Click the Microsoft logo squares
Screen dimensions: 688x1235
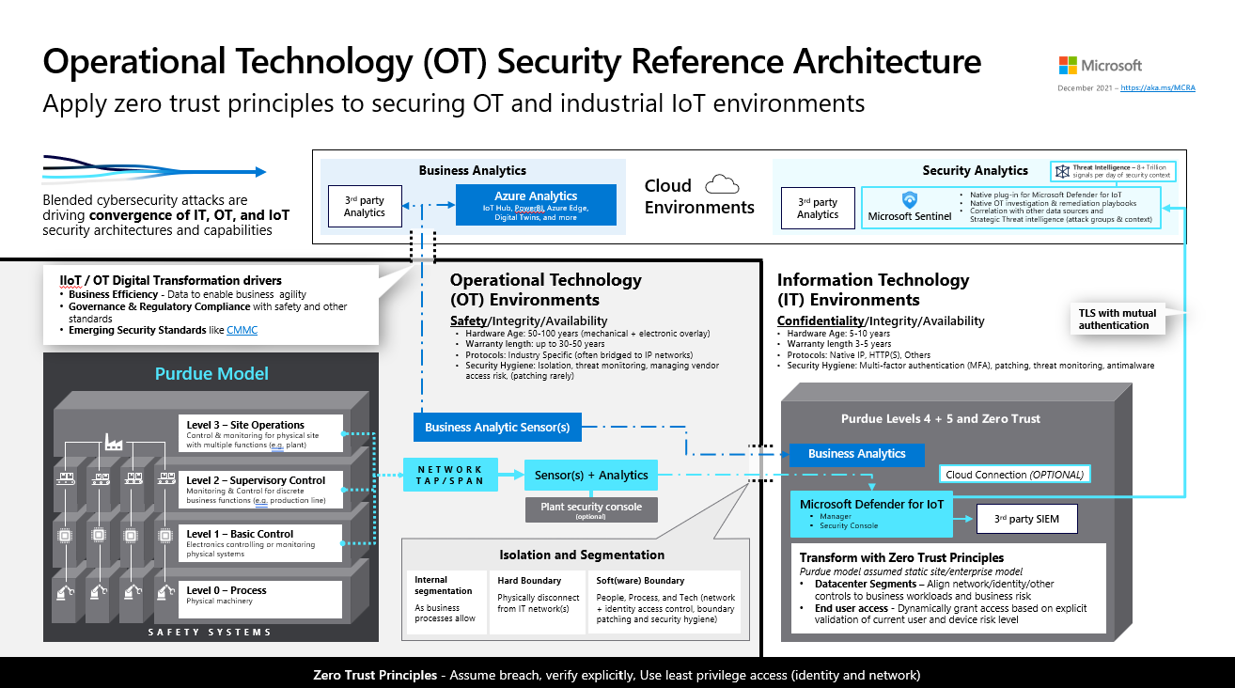[1068, 65]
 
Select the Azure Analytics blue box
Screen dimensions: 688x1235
[536, 204]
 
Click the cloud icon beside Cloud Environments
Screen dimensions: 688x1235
[722, 183]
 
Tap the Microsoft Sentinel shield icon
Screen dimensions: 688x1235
[909, 200]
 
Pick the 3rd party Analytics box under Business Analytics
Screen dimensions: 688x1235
[364, 207]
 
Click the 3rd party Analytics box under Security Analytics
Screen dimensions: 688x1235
[817, 208]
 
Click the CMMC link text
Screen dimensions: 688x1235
[242, 331]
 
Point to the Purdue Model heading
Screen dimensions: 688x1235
[211, 373]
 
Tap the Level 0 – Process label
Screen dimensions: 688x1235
[226, 590]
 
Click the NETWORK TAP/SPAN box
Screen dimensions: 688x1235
[450, 475]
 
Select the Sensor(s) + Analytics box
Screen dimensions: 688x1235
[591, 475]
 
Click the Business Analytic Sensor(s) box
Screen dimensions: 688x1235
[497, 427]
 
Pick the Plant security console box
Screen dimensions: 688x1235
[591, 509]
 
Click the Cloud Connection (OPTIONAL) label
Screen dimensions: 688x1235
[1014, 475]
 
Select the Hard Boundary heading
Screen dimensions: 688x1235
[529, 581]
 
